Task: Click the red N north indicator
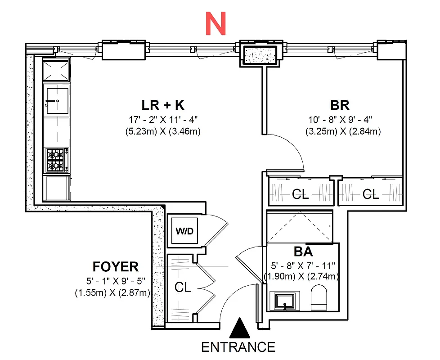coord(215,23)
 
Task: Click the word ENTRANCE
coord(238,347)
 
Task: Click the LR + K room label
coord(163,105)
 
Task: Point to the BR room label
coord(340,105)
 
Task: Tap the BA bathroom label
coord(303,251)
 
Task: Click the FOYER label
coord(116,266)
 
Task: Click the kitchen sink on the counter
coord(57,99)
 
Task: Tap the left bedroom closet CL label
coord(300,194)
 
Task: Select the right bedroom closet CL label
coord(371,194)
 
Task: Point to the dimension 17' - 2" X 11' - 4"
coord(163,120)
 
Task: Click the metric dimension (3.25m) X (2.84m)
coord(342,131)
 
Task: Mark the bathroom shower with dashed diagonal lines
coord(300,227)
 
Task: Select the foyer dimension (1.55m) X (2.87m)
coord(112,292)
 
